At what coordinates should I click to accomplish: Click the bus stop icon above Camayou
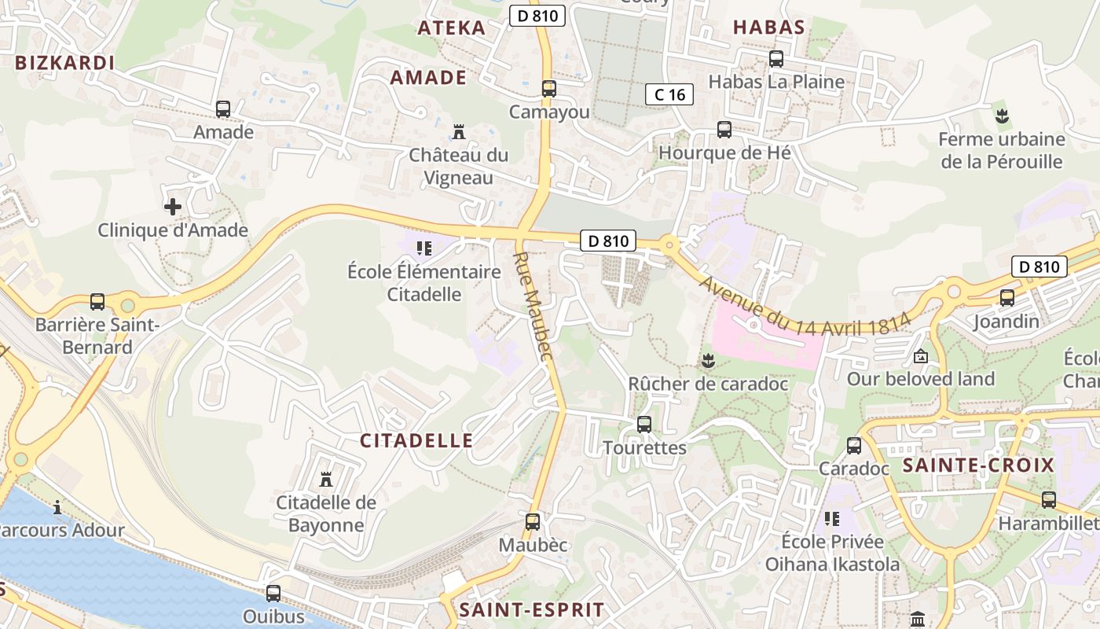549,89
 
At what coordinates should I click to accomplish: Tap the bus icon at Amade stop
223,109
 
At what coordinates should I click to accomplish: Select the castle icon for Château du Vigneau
459,131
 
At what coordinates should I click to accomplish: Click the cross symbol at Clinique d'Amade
173,207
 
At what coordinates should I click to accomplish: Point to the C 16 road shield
669,95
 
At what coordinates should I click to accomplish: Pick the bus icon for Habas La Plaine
776,59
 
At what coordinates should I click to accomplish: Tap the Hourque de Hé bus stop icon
724,130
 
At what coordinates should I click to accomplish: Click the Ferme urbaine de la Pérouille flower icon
1002,116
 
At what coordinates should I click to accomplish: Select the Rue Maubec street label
534,307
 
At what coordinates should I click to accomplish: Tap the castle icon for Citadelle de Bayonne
326,480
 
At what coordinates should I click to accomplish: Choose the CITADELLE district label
416,441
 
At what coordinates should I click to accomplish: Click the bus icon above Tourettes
644,425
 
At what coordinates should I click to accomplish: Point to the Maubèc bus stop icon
533,521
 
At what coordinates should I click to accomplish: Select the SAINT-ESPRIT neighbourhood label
532,610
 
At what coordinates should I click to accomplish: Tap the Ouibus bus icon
273,594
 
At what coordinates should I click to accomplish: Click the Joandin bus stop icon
1007,298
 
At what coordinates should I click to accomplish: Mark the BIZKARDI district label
65,64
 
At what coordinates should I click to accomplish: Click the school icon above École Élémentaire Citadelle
424,249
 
